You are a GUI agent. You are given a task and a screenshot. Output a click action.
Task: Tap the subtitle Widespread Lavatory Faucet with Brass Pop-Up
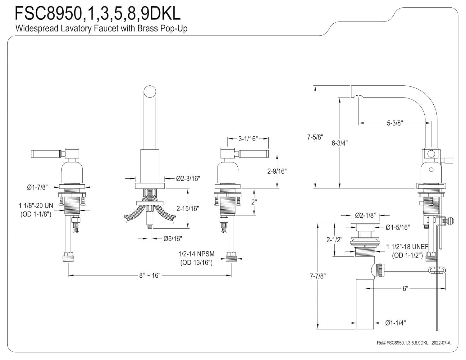[101, 29]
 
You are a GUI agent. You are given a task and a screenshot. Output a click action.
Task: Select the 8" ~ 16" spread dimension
[149, 275]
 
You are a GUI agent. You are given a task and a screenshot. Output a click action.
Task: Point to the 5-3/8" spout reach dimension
[395, 123]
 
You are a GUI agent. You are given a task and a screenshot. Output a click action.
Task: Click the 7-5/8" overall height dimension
[315, 137]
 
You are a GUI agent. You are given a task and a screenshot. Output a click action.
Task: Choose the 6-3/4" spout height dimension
[340, 143]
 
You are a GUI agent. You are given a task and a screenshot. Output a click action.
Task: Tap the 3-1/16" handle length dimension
[248, 139]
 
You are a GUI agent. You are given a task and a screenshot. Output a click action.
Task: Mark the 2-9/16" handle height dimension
[277, 171]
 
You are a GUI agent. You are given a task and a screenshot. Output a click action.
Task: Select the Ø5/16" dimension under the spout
[173, 239]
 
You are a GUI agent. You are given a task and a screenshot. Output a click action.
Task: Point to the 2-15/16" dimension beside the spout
[188, 208]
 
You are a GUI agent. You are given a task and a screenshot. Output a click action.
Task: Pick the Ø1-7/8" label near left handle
[37, 187]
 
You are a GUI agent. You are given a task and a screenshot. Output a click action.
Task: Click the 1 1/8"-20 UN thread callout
[36, 206]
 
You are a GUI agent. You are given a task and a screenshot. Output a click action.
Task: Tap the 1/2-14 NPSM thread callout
[196, 254]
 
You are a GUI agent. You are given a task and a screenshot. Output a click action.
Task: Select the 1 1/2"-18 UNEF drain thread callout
[407, 247]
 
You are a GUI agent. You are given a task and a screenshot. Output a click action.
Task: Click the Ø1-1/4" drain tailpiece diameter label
[395, 323]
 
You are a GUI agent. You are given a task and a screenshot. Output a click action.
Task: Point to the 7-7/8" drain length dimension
[318, 276]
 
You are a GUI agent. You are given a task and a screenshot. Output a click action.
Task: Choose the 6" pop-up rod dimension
[405, 289]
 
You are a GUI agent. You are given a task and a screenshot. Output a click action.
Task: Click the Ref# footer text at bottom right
[413, 343]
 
